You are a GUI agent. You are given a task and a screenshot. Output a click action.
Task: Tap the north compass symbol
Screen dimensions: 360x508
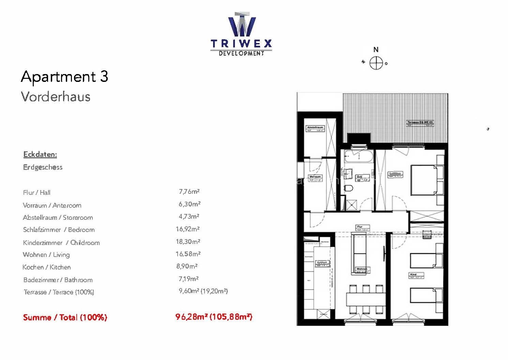376,63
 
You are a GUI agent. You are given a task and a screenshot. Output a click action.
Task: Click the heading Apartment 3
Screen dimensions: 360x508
64,76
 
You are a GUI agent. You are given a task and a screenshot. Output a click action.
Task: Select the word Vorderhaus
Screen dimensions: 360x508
56,97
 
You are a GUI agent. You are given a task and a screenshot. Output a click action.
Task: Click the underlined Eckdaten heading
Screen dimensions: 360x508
40,154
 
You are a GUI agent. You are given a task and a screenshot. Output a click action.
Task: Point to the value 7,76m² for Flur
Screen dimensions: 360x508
189,191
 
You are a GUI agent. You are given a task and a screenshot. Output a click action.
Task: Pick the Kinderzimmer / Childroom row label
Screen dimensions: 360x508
61,243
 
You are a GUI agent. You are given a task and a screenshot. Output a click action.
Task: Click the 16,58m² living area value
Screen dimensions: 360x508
188,254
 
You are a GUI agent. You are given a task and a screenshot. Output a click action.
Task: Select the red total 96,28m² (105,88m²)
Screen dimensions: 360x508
214,317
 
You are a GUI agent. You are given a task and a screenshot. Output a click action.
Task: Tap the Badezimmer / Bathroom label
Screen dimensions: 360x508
58,280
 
